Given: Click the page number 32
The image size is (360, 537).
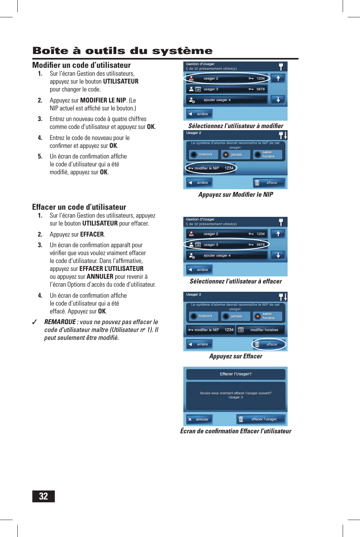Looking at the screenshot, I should (43, 496).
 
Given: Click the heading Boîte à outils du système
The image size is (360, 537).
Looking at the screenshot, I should (122, 51).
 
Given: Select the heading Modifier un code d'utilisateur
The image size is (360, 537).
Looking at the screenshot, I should (81, 65).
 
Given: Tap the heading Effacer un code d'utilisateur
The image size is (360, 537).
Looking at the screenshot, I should (79, 207).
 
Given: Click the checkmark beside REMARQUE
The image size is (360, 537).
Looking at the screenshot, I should (35, 322).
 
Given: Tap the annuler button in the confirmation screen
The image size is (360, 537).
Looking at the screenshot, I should (200, 420).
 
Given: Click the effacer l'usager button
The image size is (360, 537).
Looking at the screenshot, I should (261, 420).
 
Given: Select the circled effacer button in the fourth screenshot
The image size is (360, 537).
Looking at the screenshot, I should (269, 344).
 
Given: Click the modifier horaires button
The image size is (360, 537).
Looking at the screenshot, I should (261, 330).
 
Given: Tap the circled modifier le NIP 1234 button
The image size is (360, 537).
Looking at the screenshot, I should (211, 168).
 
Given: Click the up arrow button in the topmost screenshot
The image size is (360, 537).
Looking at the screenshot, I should (278, 78).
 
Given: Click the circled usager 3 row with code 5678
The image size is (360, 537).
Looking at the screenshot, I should (227, 245).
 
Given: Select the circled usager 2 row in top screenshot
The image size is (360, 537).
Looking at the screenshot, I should (227, 78).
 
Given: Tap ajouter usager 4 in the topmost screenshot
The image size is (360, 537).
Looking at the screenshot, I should (227, 100).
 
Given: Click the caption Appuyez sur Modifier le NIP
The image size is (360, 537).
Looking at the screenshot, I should (235, 194).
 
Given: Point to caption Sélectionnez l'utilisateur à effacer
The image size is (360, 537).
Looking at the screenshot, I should (235, 281).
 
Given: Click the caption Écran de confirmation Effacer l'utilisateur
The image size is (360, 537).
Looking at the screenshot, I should (235, 431).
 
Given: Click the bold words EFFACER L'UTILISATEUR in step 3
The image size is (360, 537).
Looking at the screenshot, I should (111, 269).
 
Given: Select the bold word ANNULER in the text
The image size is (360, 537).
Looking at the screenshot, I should (100, 277).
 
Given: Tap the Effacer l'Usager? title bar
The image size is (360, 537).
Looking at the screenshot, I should (235, 374).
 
